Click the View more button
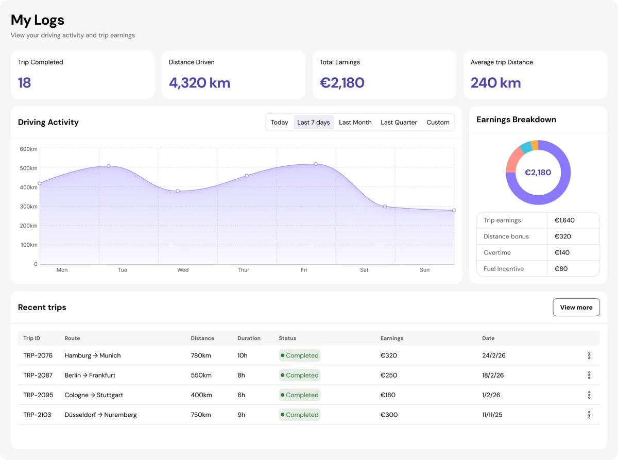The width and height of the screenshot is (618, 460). [576, 308]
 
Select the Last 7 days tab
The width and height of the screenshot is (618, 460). [313, 123]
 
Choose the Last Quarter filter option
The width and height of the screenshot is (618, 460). [399, 123]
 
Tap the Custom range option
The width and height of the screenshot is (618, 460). [438, 123]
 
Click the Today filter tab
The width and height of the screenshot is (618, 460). [279, 123]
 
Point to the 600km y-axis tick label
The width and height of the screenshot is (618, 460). [28, 149]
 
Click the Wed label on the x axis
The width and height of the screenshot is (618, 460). [183, 270]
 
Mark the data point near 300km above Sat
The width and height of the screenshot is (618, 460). [385, 207]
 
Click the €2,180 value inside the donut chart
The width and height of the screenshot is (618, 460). [538, 173]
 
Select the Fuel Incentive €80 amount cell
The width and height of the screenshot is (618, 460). [561, 269]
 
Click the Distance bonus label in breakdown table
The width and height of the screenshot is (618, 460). [506, 236]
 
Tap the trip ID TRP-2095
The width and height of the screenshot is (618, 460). [37, 395]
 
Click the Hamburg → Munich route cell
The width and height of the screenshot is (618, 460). [93, 355]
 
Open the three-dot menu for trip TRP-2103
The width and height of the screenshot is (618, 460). [589, 415]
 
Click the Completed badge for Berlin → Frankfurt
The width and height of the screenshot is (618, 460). [300, 376]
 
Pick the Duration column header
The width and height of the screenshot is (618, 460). [249, 338]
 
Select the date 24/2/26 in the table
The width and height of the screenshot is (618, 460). [493, 355]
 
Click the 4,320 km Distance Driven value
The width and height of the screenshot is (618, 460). [199, 83]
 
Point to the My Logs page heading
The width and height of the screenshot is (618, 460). [38, 20]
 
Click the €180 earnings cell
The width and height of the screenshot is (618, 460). [388, 395]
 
